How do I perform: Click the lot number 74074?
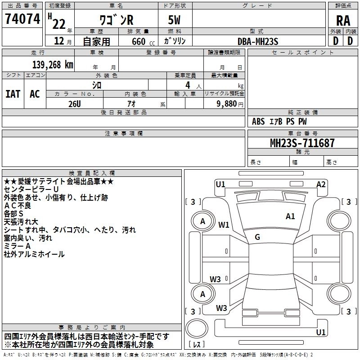(22, 19)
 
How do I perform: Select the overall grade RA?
(343, 21)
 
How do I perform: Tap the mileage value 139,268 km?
(53, 65)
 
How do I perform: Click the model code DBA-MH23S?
(258, 41)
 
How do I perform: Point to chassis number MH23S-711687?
(302, 143)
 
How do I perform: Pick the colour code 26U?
(75, 104)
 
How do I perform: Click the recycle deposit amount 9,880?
(227, 104)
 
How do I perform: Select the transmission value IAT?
(13, 94)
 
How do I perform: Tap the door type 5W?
(174, 20)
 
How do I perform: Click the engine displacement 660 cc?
(143, 41)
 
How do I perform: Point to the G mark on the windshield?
(257, 237)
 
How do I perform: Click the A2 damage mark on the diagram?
(321, 184)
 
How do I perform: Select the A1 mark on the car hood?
(290, 216)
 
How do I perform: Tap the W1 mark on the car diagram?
(224, 225)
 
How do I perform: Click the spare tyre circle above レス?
(197, 328)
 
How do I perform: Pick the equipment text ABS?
(258, 121)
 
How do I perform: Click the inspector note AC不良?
(18, 206)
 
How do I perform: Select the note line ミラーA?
(17, 246)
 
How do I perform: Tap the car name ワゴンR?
(116, 20)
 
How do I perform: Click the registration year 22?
(59, 24)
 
